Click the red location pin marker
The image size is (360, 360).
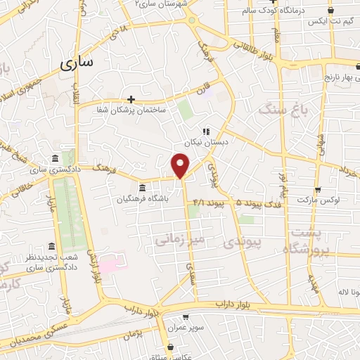point(181,165)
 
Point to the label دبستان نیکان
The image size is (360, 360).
point(208,141)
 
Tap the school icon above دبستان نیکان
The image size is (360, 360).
point(206,131)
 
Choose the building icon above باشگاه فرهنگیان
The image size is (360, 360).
point(143,188)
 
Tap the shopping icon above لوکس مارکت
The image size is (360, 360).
point(318,189)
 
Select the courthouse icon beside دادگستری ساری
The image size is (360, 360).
point(56,158)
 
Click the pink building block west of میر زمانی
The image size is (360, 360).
point(110,266)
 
